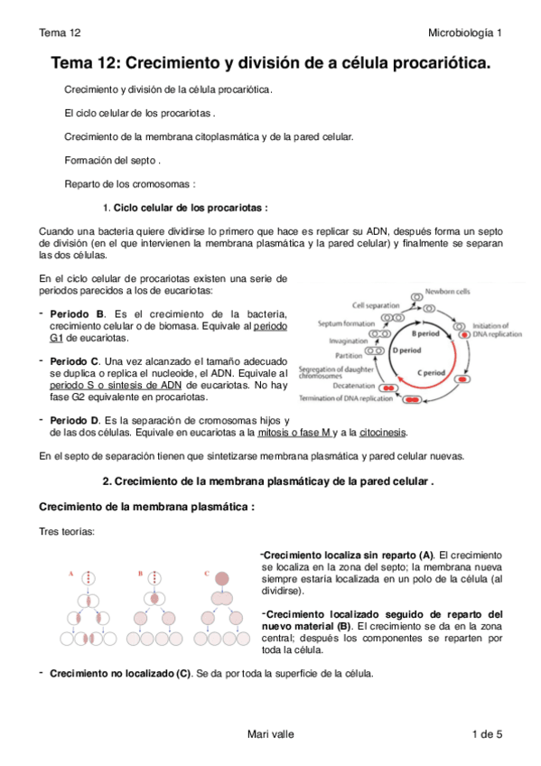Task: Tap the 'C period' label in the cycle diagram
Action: (431, 372)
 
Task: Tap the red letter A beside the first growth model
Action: (70, 573)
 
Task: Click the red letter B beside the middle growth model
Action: (140, 573)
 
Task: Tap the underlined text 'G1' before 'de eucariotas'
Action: (57, 339)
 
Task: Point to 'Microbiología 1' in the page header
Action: (465, 33)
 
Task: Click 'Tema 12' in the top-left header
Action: (61, 33)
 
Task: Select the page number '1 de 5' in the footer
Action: (486, 734)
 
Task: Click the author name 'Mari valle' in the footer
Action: (270, 734)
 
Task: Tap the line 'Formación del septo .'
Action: (113, 160)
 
